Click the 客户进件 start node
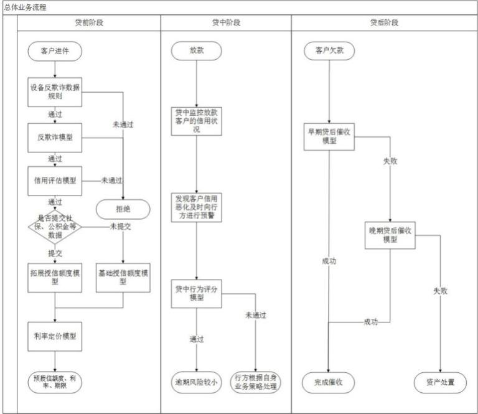click(55, 51)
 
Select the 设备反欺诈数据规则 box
click(55, 92)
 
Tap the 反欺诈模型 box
click(55, 138)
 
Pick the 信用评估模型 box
click(55, 181)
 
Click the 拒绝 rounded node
click(123, 209)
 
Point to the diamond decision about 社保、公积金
click(55, 227)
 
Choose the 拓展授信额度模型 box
click(55, 278)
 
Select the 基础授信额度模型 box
click(123, 278)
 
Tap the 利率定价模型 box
click(55, 336)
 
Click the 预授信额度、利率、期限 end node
click(55, 382)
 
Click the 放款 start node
click(196, 50)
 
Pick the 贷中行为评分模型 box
click(196, 294)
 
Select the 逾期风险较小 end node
click(196, 382)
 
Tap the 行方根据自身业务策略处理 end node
click(255, 382)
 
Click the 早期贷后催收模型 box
click(329, 136)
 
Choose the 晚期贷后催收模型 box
click(390, 235)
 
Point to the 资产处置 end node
click(440, 382)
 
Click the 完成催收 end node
click(329, 382)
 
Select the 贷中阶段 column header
click(226, 22)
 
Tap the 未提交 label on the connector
click(120, 227)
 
